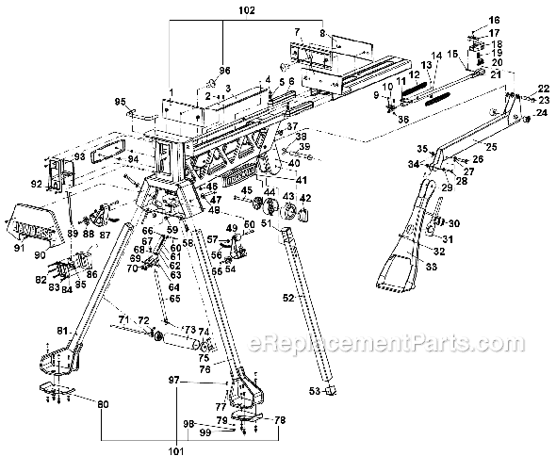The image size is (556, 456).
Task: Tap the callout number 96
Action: tap(223, 72)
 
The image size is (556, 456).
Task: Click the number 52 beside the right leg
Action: tap(288, 296)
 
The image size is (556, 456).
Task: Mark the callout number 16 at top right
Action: tap(495, 20)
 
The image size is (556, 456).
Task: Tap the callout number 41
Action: tap(303, 179)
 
